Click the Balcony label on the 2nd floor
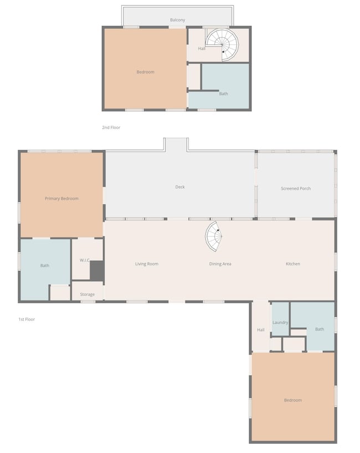(x=177, y=20)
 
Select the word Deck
(x=180, y=187)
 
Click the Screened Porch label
(x=296, y=189)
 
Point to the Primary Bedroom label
(x=61, y=199)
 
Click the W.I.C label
(x=84, y=260)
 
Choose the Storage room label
(x=87, y=295)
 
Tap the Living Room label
(x=147, y=264)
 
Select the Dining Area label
(x=220, y=264)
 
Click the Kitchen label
(x=293, y=264)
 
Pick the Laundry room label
(x=280, y=322)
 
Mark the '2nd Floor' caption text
(x=111, y=128)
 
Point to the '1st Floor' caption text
(x=27, y=320)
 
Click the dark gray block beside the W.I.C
(x=97, y=270)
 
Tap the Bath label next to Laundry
(x=320, y=330)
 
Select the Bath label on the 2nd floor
(x=223, y=94)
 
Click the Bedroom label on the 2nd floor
(x=146, y=72)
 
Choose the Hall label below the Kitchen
(x=261, y=330)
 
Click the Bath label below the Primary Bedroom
(x=45, y=266)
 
